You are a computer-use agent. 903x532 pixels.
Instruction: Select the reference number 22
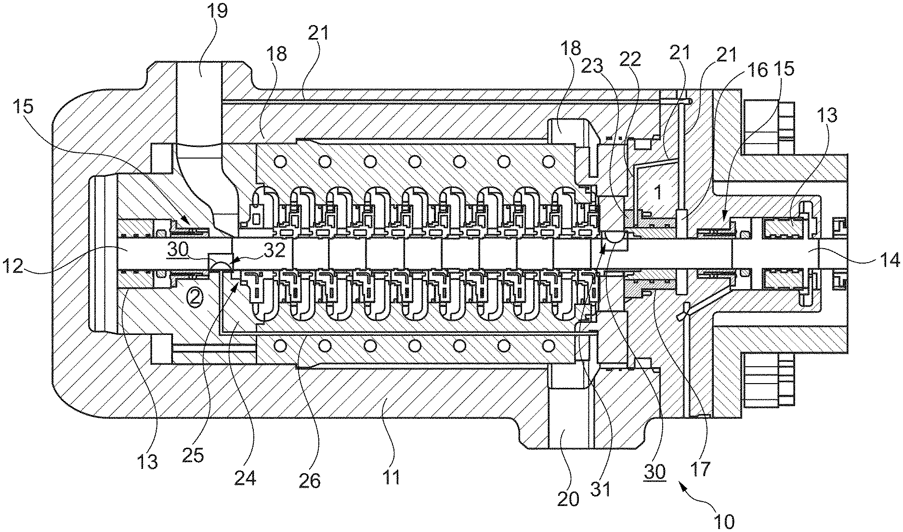click(630, 59)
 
